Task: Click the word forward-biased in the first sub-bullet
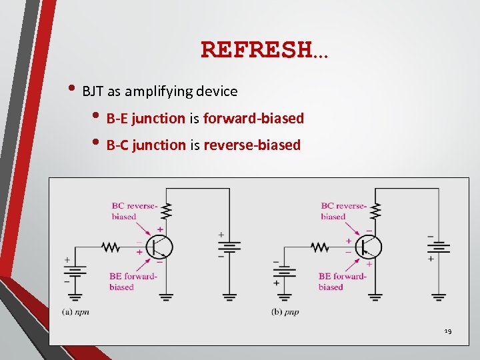(253, 119)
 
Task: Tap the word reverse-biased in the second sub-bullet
(252, 145)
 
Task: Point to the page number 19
(448, 331)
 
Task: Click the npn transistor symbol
(159, 247)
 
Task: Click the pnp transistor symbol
(369, 247)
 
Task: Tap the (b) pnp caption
(285, 311)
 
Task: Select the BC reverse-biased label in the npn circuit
(133, 211)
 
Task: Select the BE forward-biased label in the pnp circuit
(341, 281)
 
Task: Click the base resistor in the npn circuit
(111, 247)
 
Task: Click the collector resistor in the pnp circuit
(375, 211)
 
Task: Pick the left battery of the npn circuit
(75, 271)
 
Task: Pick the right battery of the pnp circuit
(439, 247)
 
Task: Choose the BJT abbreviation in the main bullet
(93, 91)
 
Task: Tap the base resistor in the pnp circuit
(320, 247)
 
